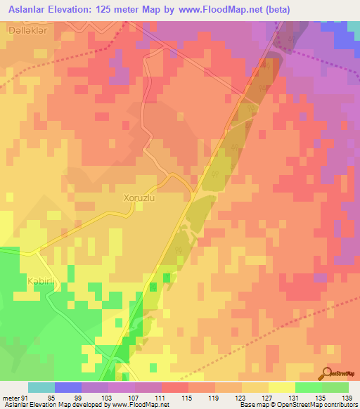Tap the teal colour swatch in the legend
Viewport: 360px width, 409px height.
pos(41,387)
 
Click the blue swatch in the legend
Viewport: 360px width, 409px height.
pos(68,387)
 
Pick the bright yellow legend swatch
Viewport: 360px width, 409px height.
pos(282,387)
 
